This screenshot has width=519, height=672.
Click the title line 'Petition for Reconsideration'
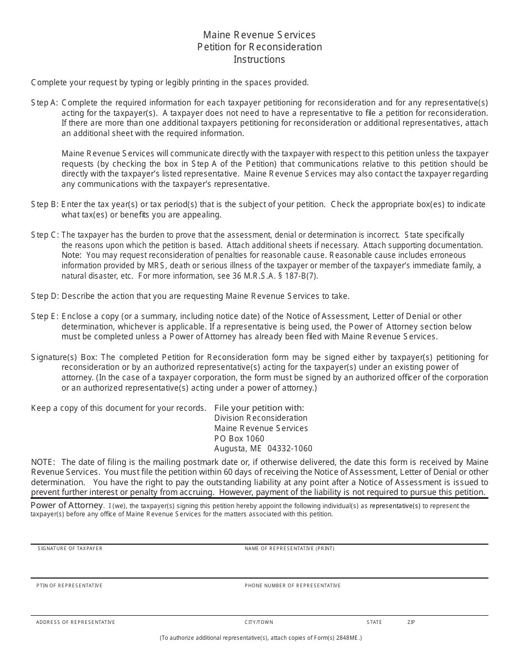tap(259, 47)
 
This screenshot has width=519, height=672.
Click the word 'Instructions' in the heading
tap(259, 60)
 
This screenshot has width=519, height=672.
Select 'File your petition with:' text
tap(259, 408)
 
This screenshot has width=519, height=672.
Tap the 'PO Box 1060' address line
tap(239, 439)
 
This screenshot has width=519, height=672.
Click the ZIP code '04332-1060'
tap(290, 449)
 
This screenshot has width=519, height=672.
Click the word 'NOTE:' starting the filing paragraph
tap(43, 462)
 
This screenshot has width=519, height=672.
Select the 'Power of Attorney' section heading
tap(67, 505)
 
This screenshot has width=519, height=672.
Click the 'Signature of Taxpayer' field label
tap(70, 549)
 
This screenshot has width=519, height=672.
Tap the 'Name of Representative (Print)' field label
tap(290, 549)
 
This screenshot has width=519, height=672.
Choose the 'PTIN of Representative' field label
tap(69, 586)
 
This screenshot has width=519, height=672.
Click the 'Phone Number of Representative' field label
tap(292, 586)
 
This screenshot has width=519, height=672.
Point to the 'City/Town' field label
tap(259, 622)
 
